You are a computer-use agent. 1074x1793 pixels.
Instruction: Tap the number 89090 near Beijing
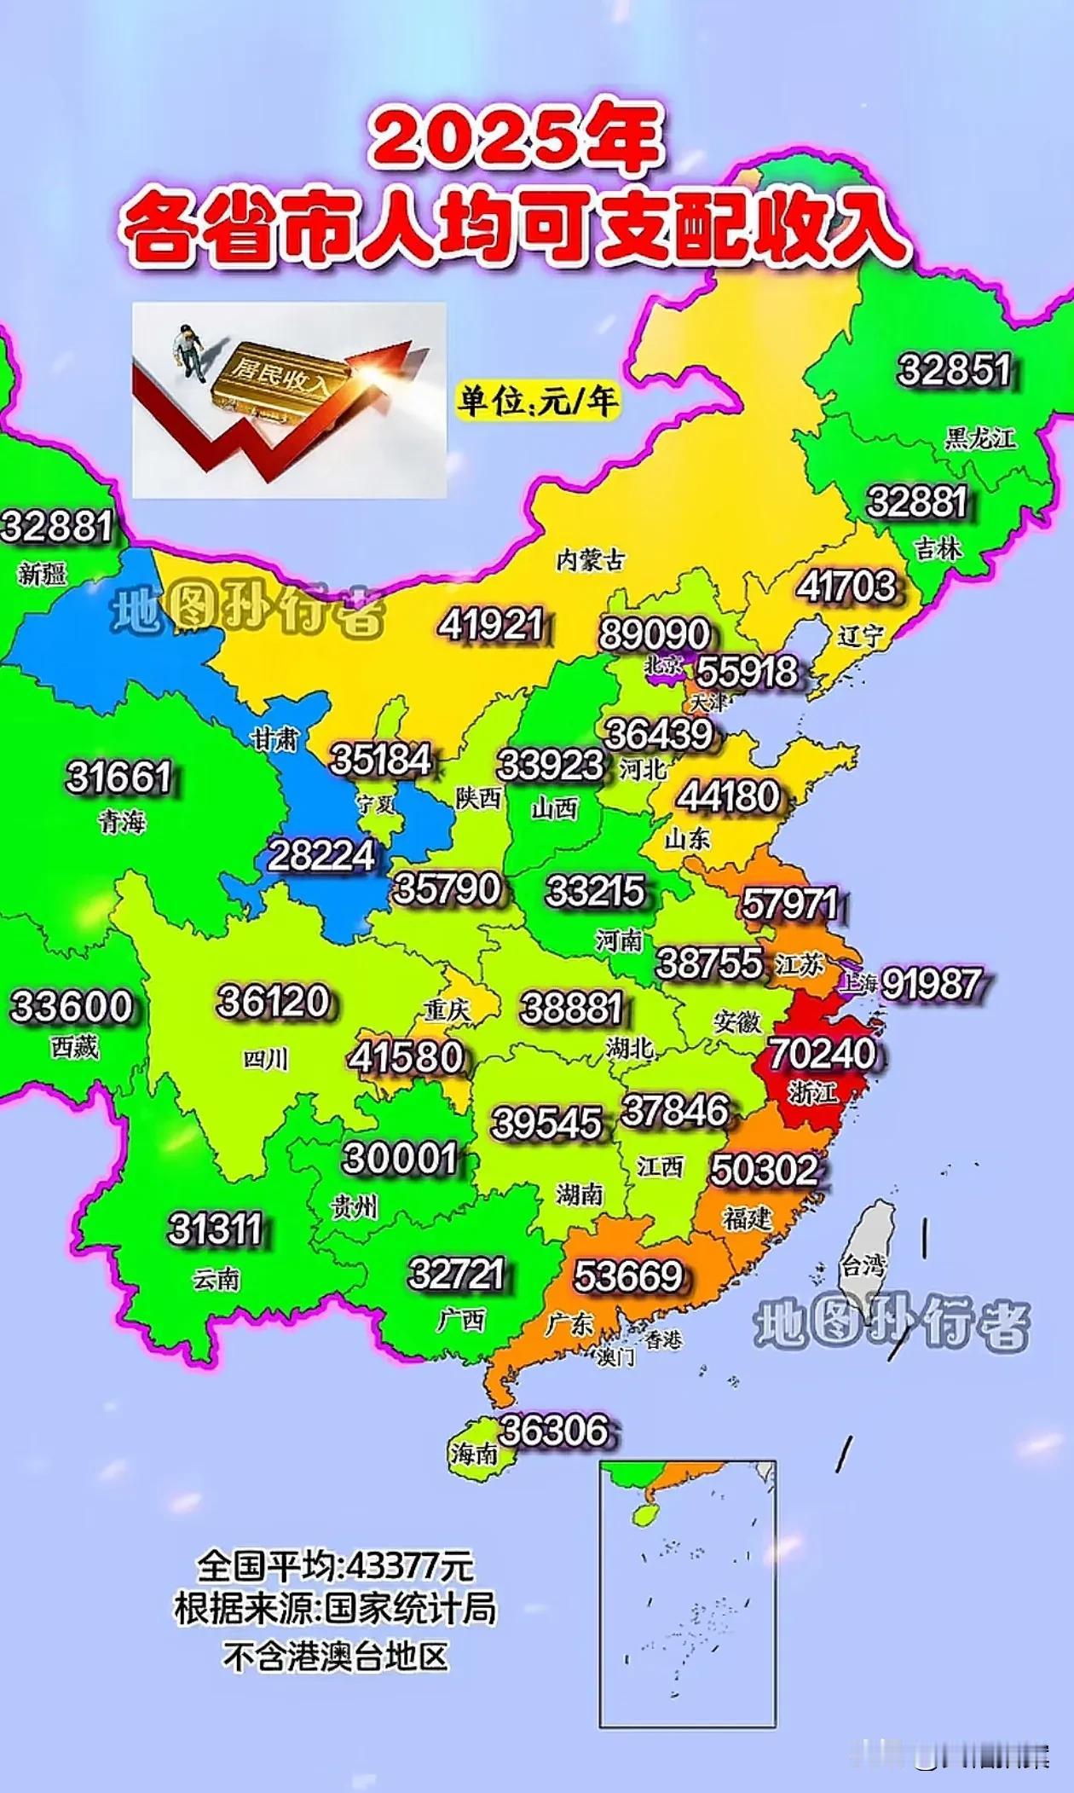[x=654, y=634]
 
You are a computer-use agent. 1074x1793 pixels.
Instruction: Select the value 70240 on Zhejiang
[x=822, y=1054]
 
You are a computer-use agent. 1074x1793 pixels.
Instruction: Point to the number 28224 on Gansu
[x=321, y=856]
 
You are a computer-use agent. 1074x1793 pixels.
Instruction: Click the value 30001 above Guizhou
[x=400, y=1159]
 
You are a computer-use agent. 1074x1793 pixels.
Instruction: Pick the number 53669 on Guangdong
[x=628, y=1276]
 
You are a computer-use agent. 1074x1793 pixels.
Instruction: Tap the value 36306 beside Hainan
[x=554, y=1431]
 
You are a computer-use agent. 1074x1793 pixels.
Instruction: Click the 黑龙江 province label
[x=979, y=439]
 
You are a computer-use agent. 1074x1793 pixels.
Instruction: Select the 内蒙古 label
[x=590, y=560]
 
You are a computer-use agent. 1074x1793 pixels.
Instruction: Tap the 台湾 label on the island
[x=863, y=1265]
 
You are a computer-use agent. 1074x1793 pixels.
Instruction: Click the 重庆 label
[x=447, y=1011]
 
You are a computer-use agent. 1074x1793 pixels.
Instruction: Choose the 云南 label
[x=217, y=1280]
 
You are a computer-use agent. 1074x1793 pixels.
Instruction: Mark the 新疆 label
[x=42, y=574]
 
